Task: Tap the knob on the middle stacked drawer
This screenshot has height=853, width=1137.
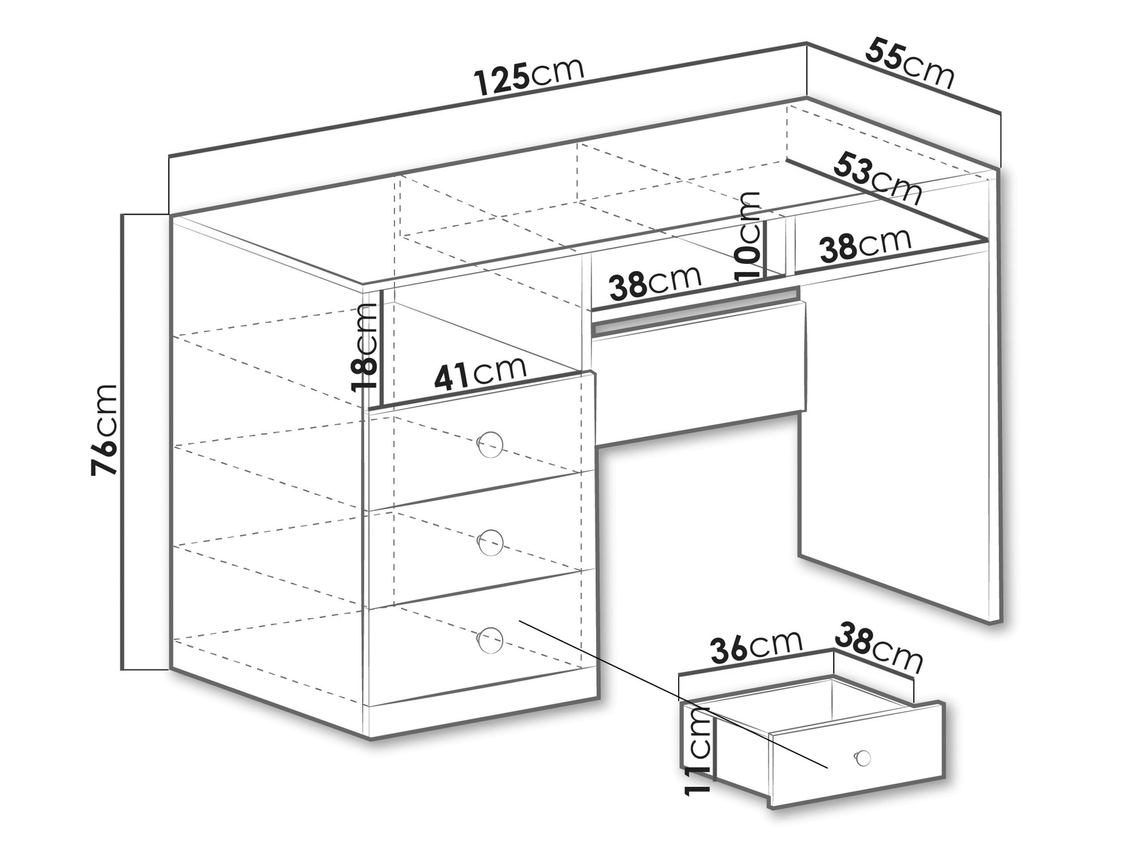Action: point(490,542)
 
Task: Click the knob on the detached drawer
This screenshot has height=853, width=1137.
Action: point(862,757)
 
